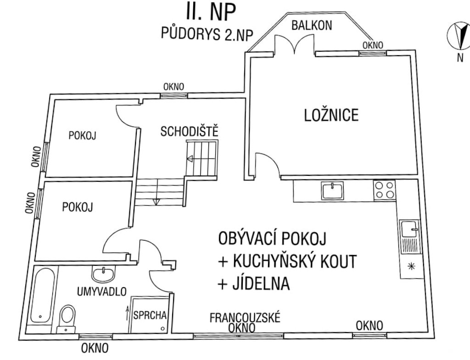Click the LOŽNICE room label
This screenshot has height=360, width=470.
pyautogui.click(x=331, y=115)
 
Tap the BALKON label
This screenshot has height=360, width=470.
pyautogui.click(x=312, y=25)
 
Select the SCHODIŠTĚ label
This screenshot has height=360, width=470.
pyautogui.click(x=190, y=131)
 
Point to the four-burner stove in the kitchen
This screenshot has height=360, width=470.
pyautogui.click(x=385, y=190)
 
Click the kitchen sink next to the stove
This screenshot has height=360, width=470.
pyautogui.click(x=333, y=190)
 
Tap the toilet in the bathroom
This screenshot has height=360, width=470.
pyautogui.click(x=67, y=319)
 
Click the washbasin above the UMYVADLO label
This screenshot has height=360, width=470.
pyautogui.click(x=103, y=274)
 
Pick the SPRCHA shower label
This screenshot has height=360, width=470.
pyautogui.click(x=150, y=315)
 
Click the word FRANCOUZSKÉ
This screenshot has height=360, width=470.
pyautogui.click(x=245, y=317)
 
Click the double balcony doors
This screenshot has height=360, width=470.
pyautogui.click(x=295, y=44)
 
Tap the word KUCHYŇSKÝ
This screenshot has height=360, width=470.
pyautogui.click(x=269, y=261)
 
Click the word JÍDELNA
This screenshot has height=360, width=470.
pyautogui.click(x=261, y=283)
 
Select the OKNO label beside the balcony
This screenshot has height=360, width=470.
pyautogui.click(x=373, y=45)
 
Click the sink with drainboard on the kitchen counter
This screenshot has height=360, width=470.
pyautogui.click(x=410, y=237)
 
